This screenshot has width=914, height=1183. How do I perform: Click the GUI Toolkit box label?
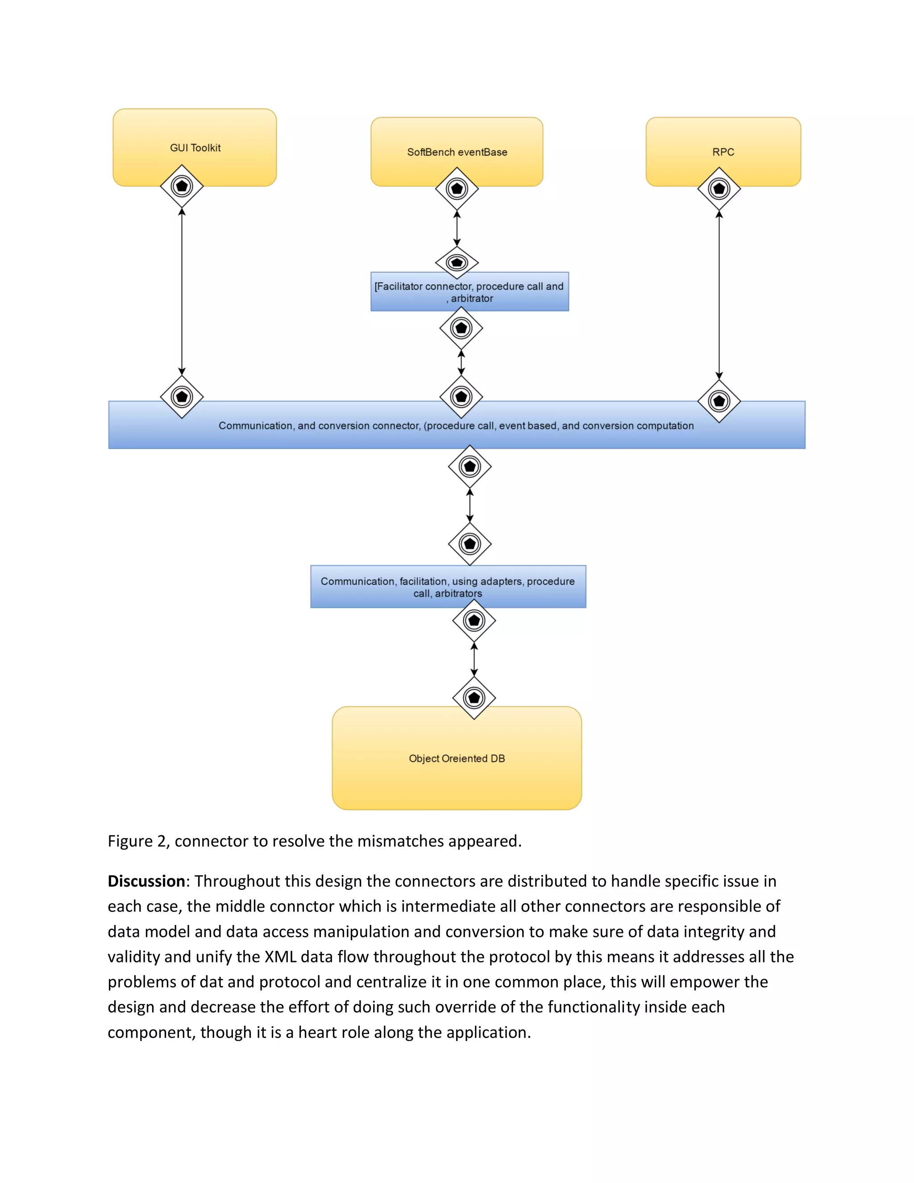pyautogui.click(x=195, y=148)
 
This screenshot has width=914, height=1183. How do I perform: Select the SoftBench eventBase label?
pyautogui.click(x=457, y=152)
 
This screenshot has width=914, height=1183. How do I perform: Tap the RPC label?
pyautogui.click(x=723, y=152)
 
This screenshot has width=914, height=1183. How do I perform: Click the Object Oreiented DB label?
pyautogui.click(x=457, y=758)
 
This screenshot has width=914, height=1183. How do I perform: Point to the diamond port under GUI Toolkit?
pyautogui.click(x=182, y=186)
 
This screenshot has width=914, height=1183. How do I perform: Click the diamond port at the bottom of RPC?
pyautogui.click(x=719, y=188)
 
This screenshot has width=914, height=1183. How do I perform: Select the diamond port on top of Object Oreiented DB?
pyautogui.click(x=474, y=698)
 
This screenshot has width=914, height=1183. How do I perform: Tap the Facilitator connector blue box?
pyautogui.click(x=469, y=292)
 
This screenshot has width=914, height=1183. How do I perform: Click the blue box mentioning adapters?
pyautogui.click(x=448, y=587)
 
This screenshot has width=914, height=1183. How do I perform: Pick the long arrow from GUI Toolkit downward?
pyautogui.click(x=182, y=292)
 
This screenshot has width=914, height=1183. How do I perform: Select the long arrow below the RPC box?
pyautogui.click(x=719, y=295)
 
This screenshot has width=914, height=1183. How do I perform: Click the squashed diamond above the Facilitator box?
pyautogui.click(x=457, y=262)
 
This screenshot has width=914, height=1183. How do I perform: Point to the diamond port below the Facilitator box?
pyautogui.click(x=461, y=328)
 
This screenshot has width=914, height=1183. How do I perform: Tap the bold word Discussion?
pyautogui.click(x=146, y=881)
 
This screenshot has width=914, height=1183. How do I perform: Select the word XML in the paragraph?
pyautogui.click(x=280, y=957)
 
